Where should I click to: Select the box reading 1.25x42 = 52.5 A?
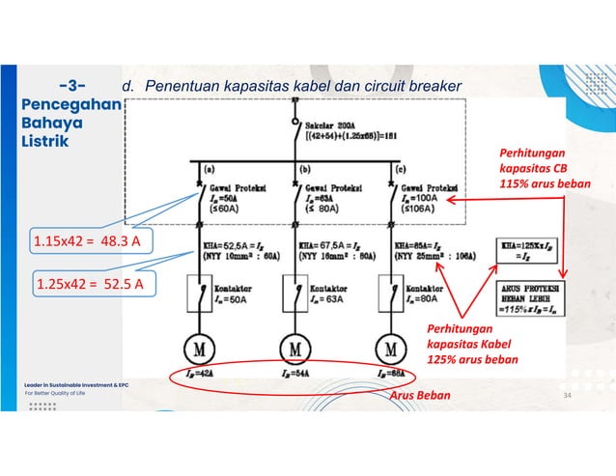coord(90,284)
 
